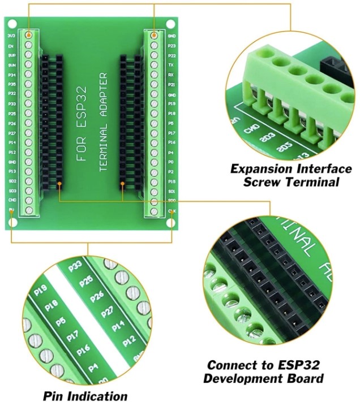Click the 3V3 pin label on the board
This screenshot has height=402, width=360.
coord(11,36)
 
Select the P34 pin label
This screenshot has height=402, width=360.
coord(11,75)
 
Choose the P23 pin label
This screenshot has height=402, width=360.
coord(172,45)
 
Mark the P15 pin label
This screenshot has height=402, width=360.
coord(172,181)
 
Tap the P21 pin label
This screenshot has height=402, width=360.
coord(172,84)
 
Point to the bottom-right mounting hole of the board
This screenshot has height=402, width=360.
coord(171,222)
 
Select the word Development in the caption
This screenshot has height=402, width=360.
coord(264,378)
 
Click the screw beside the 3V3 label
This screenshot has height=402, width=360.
coord(29,36)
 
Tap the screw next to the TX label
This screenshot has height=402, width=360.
coord(154,65)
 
